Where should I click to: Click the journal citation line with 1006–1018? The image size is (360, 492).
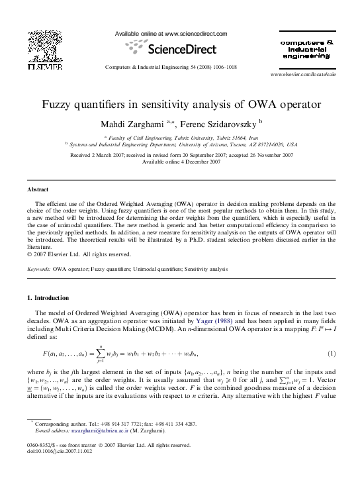[x=171, y=68]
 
